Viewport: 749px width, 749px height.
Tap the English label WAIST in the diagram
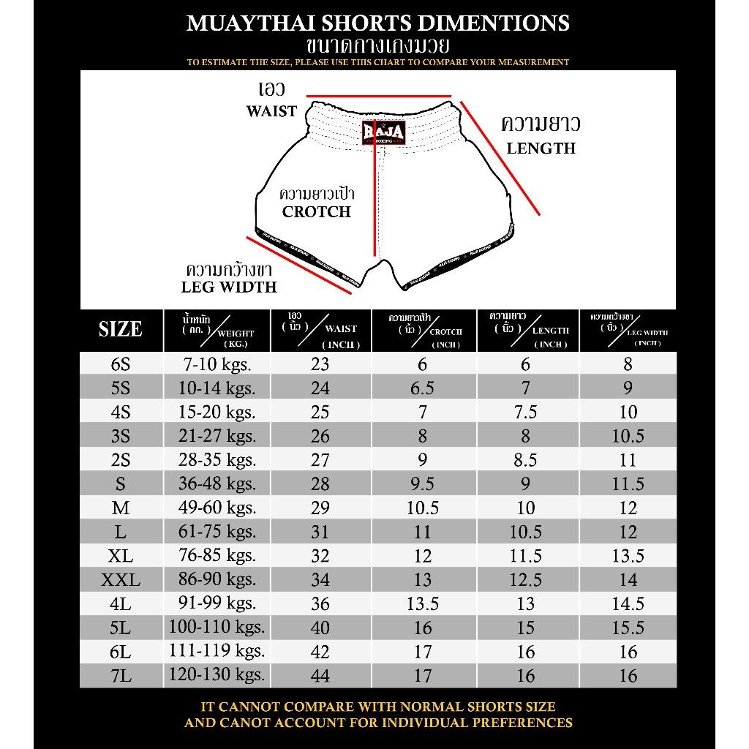[x=271, y=112]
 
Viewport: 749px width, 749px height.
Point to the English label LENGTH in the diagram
[x=541, y=148]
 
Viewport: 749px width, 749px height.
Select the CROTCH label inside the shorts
[x=317, y=212]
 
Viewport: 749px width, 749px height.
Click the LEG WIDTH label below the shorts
[x=229, y=287]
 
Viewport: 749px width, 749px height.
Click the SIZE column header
[x=121, y=330]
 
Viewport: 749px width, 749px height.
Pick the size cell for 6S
[x=121, y=364]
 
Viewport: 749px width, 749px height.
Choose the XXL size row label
[x=121, y=581]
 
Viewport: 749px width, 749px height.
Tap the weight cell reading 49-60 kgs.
[x=217, y=508]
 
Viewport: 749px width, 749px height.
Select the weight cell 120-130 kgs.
[x=217, y=674]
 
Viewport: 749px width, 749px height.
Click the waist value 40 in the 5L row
[x=320, y=628]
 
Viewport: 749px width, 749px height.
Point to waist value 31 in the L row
[x=320, y=532]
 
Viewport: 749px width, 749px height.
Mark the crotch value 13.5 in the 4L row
[x=423, y=604]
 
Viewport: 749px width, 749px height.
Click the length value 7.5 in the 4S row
[x=526, y=412]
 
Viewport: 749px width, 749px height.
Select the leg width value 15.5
[x=628, y=628]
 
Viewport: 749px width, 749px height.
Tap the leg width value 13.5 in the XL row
[x=628, y=556]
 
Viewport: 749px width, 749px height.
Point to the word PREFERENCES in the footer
[x=518, y=723]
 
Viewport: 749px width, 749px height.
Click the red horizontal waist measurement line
[x=379, y=96]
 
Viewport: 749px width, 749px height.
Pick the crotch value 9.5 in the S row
[x=423, y=484]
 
